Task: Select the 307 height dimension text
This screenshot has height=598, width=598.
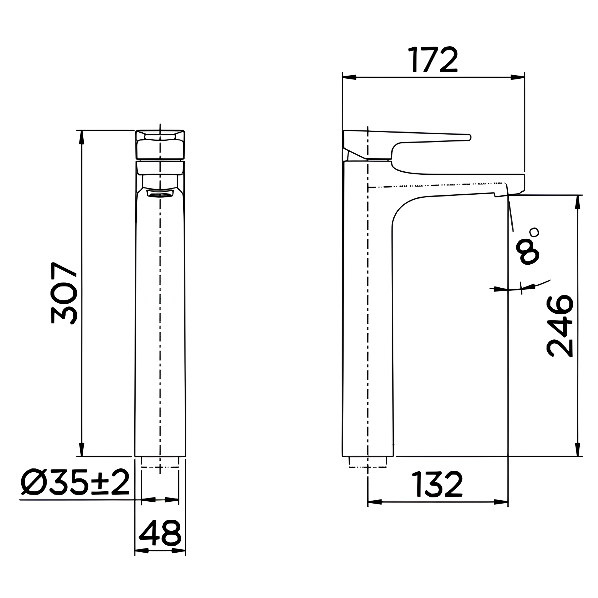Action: pyautogui.click(x=64, y=293)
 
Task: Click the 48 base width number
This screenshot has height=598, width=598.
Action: pyautogui.click(x=160, y=533)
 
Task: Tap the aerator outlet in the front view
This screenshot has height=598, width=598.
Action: pyautogui.click(x=160, y=194)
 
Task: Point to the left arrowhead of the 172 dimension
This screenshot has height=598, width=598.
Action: pyautogui.click(x=349, y=77)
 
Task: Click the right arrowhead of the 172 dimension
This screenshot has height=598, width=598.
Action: pyautogui.click(x=518, y=77)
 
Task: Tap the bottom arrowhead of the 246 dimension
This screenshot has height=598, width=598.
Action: pyautogui.click(x=577, y=449)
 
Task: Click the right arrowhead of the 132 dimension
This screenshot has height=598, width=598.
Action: pyautogui.click(x=501, y=502)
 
